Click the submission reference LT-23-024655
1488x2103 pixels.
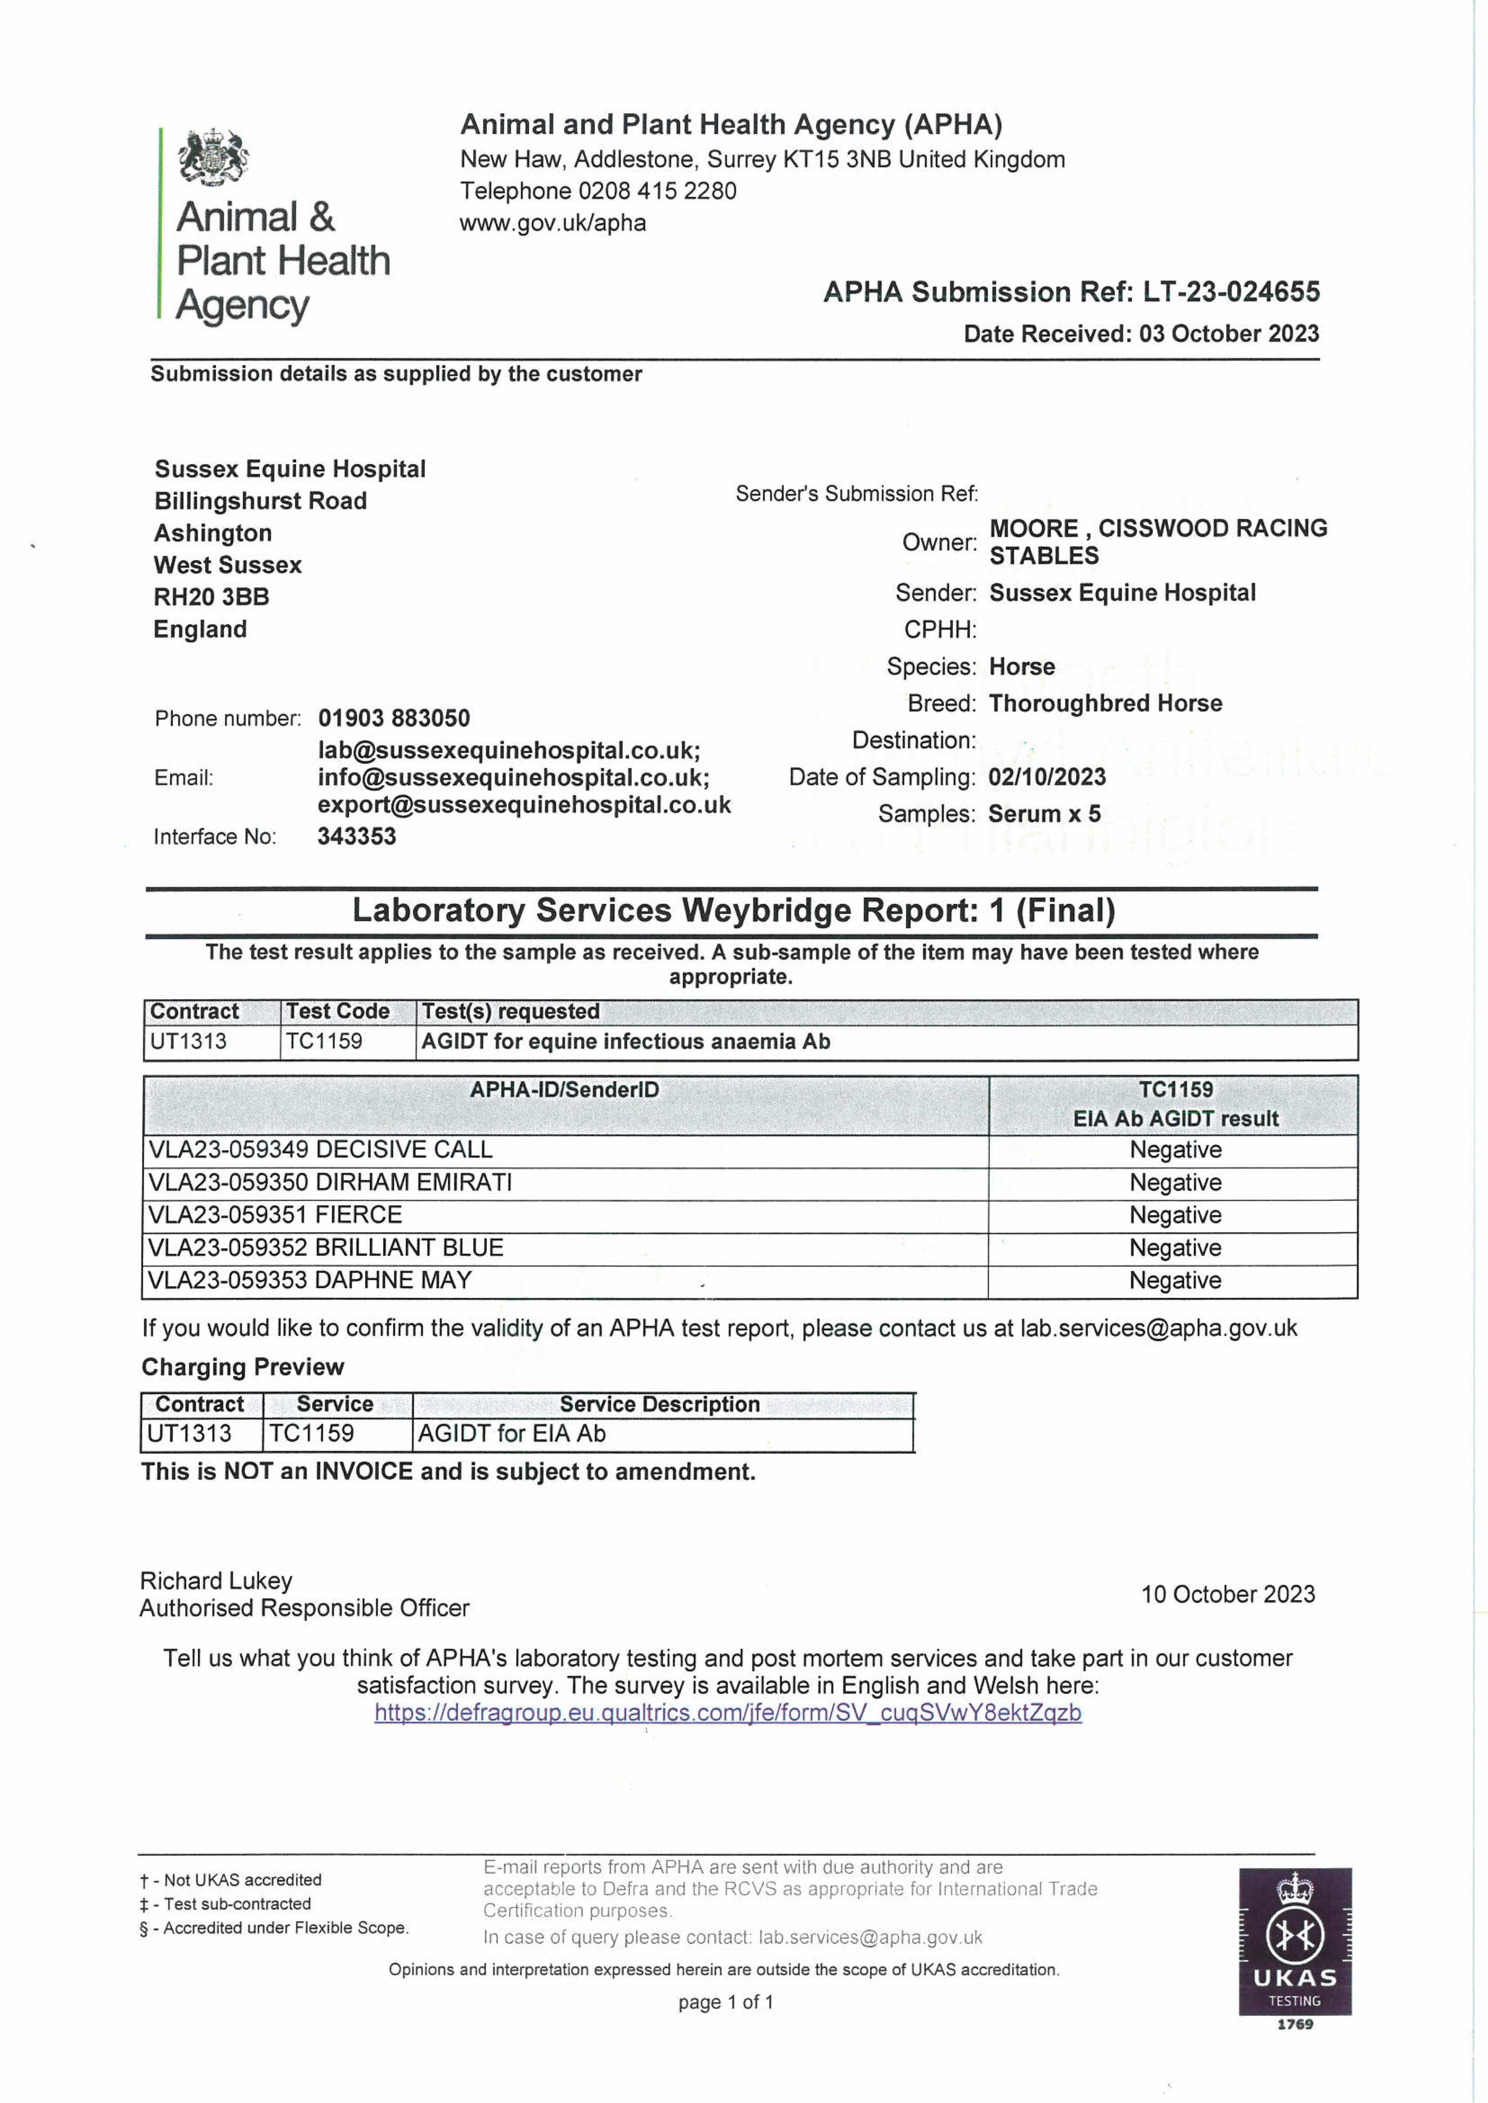(x=1231, y=292)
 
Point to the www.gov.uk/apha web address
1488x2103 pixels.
(x=552, y=222)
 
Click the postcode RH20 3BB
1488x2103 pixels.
(x=212, y=597)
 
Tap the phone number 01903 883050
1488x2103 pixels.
(x=394, y=718)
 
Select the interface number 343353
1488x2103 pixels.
(x=356, y=836)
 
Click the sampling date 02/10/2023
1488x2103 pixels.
(x=1046, y=778)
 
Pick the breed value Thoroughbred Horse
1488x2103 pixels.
(x=1105, y=703)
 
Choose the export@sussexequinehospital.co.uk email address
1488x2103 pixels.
(x=524, y=805)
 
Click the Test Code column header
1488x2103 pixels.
(x=337, y=1011)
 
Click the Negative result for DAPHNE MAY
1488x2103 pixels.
(x=1175, y=1280)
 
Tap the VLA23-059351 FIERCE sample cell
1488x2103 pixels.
(x=275, y=1216)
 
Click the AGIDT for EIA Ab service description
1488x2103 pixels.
(x=511, y=1434)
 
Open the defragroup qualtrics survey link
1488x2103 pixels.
(x=727, y=1713)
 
